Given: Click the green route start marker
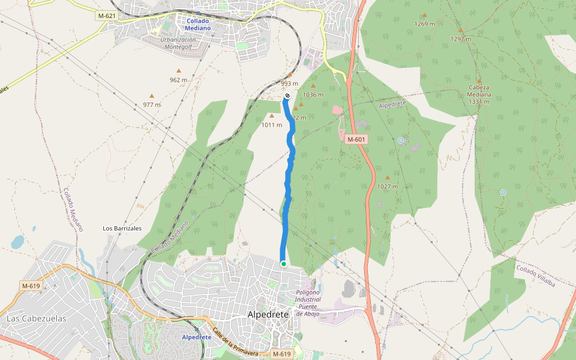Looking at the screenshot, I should click(283, 263).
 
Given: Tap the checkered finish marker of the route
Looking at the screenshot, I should click(287, 95).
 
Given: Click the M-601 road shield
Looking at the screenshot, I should click(356, 139).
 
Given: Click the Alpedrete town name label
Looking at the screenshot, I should click(268, 314).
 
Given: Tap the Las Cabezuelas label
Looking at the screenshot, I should click(36, 319).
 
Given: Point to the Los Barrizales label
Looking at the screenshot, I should click(122, 228).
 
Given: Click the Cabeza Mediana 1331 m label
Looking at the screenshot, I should click(479, 94).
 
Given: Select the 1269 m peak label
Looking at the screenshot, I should click(424, 24).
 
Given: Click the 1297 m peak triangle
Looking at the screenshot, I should click(461, 30).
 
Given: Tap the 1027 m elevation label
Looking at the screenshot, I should click(388, 187).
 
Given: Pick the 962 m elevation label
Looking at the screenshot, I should click(178, 80).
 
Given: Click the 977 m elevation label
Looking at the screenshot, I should click(152, 104).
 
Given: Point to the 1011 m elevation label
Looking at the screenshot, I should click(272, 125).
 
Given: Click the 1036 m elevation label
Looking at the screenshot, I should click(313, 95).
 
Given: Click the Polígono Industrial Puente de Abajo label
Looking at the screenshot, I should click(308, 299).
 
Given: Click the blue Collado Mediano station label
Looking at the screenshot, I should click(198, 24).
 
